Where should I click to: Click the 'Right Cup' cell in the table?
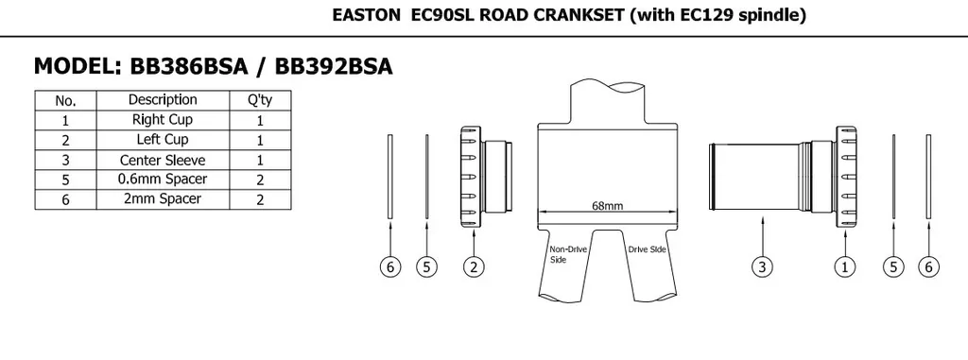tap(163, 120)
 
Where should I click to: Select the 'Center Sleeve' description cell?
tap(163, 160)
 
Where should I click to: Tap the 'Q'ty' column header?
tap(260, 100)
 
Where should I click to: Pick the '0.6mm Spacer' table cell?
tap(163, 180)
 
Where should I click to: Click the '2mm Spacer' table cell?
tap(163, 199)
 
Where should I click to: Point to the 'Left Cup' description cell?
tap(163, 140)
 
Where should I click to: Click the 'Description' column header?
tap(163, 100)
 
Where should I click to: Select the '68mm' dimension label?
tap(608, 206)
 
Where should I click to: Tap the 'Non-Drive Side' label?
tap(568, 254)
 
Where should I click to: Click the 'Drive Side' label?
tap(647, 249)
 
